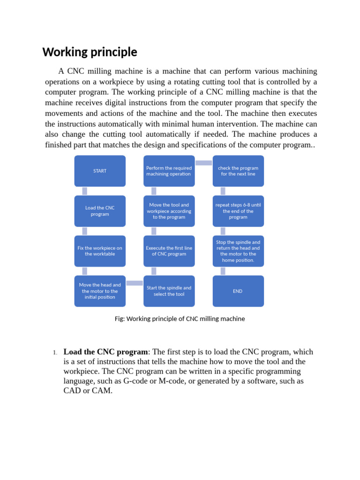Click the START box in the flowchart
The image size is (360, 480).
pyautogui.click(x=100, y=171)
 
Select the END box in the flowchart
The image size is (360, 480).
pyautogui.click(x=238, y=291)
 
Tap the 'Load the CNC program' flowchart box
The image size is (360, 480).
pyautogui.click(x=100, y=211)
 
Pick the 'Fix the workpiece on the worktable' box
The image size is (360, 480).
pyautogui.click(x=100, y=251)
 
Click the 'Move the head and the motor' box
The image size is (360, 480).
pyautogui.click(x=100, y=291)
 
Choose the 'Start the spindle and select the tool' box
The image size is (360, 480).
pyautogui.click(x=169, y=291)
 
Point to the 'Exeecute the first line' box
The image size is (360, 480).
pyautogui.click(x=169, y=251)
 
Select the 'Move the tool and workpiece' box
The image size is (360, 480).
pyautogui.click(x=169, y=211)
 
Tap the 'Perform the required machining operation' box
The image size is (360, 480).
pyautogui.click(x=169, y=171)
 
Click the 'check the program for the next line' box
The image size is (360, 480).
pyautogui.click(x=238, y=171)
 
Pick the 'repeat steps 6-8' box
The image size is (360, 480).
pyautogui.click(x=238, y=211)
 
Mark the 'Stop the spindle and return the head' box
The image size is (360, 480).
pyautogui.click(x=238, y=251)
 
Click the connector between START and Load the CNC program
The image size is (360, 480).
pyautogui.click(x=85, y=191)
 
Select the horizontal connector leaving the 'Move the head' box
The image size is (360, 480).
pyautogui.click(x=135, y=283)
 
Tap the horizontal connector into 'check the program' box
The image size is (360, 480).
pyautogui.click(x=203, y=163)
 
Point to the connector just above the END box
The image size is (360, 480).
pyautogui.click(x=223, y=271)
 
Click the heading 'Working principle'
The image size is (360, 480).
pyautogui.click(x=90, y=52)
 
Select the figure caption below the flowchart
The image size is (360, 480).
pyautogui.click(x=180, y=319)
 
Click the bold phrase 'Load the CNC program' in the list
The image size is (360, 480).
pyautogui.click(x=106, y=352)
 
